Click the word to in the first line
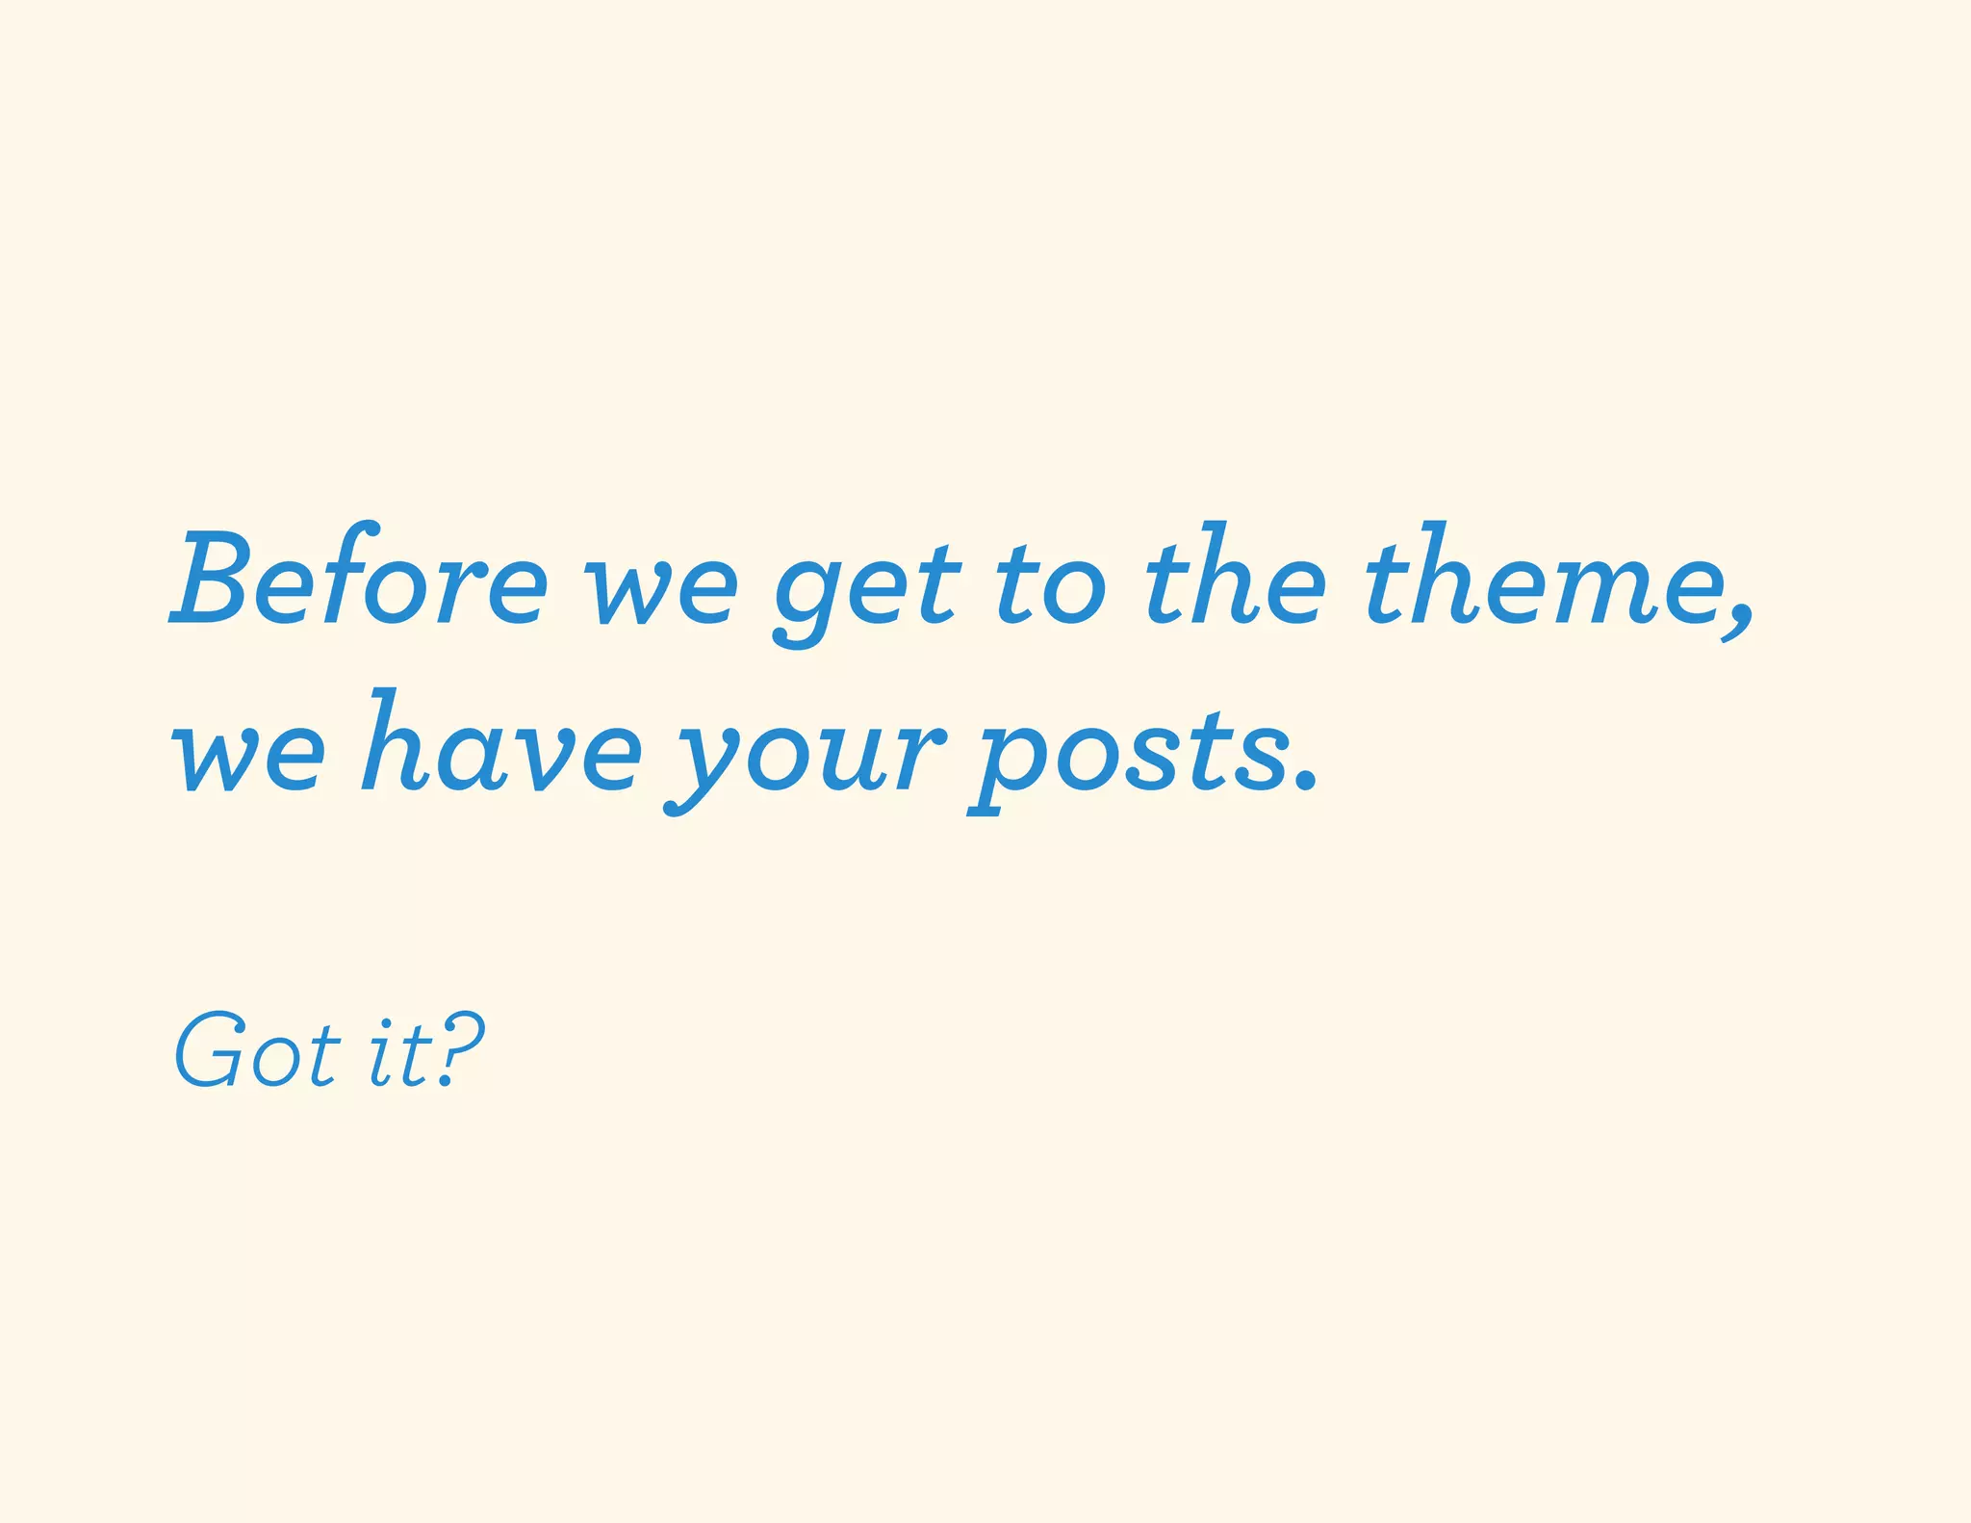[1049, 583]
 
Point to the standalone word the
[1236, 576]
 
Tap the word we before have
[248, 755]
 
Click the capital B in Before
[214, 576]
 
